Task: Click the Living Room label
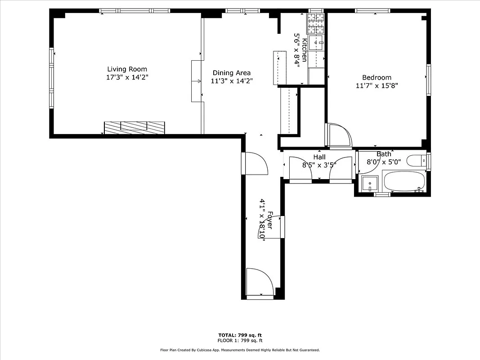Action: (x=127, y=69)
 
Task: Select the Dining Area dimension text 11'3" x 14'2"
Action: (x=232, y=81)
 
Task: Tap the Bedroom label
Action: (x=377, y=77)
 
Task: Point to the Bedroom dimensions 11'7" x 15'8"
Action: (x=377, y=85)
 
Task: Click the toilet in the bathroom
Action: (x=416, y=161)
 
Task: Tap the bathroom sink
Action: (x=370, y=184)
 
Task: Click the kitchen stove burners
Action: (x=316, y=23)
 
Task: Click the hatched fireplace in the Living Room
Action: (x=135, y=128)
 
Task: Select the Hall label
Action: (x=319, y=157)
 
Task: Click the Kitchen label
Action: (x=305, y=50)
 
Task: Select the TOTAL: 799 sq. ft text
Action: (x=240, y=335)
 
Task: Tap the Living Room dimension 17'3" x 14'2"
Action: (x=127, y=77)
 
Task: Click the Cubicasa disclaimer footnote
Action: (x=240, y=350)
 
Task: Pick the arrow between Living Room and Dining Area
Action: (x=197, y=81)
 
